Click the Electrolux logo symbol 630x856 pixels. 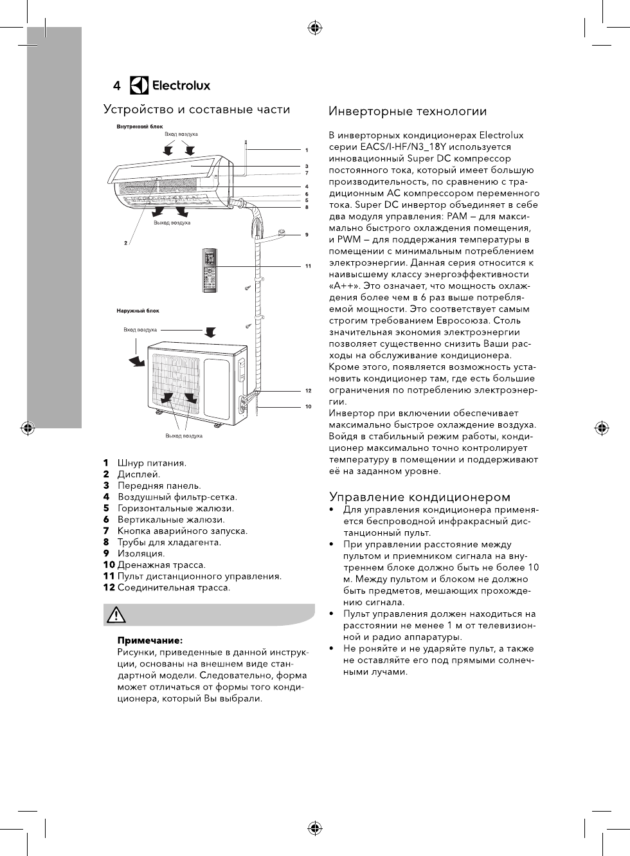[x=139, y=86]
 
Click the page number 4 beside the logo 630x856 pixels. [x=116, y=86]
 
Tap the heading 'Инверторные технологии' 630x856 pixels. [x=408, y=112]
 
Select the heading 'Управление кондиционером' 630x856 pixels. [x=420, y=496]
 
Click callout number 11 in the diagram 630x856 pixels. [x=308, y=266]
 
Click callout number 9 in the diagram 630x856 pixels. [x=307, y=235]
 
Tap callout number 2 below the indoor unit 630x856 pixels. [x=125, y=242]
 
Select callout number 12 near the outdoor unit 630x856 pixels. [x=308, y=390]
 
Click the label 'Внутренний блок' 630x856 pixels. [x=139, y=127]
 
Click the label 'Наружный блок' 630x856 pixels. [x=138, y=311]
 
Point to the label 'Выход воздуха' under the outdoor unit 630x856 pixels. [x=184, y=436]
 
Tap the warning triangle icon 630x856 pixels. [x=116, y=615]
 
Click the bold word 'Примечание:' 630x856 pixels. [x=149, y=641]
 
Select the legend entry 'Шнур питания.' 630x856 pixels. [x=152, y=463]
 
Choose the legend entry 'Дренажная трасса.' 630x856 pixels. [x=161, y=565]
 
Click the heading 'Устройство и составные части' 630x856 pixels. [x=197, y=109]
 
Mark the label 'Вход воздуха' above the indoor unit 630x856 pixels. [x=181, y=134]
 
